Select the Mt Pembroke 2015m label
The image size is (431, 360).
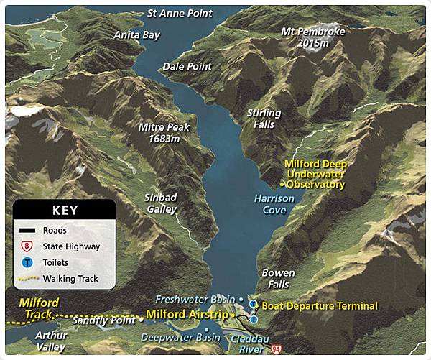coord(313,37)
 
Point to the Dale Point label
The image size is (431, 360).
coord(187,66)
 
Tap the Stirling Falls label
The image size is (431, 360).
coord(263,119)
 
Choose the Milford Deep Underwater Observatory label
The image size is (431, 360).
coord(315,174)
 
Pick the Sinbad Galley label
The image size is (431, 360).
coord(162,203)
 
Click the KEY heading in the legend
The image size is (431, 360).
coord(65,211)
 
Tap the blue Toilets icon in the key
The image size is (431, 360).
coord(27,262)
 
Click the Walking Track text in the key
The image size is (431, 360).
coord(70,278)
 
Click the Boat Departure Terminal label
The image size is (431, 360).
coord(319,306)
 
